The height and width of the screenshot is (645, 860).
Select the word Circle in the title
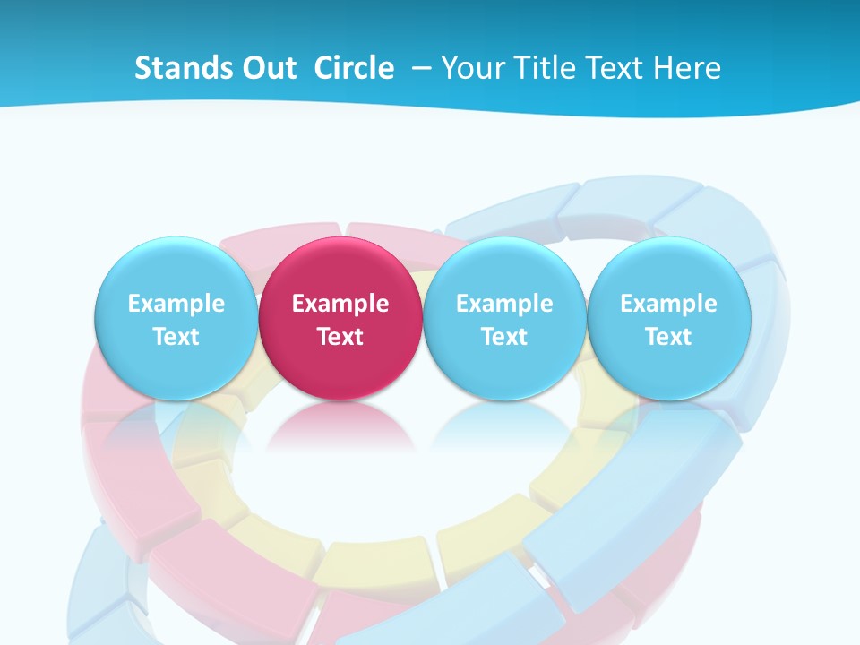pyautogui.click(x=354, y=68)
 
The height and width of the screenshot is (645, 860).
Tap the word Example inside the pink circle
pyautogui.click(x=340, y=304)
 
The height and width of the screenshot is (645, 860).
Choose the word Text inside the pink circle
pyautogui.click(x=340, y=337)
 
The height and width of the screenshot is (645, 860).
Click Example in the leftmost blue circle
pyautogui.click(x=176, y=304)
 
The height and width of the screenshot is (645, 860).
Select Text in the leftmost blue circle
pyautogui.click(x=176, y=337)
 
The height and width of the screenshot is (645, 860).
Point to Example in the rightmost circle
pyautogui.click(x=668, y=304)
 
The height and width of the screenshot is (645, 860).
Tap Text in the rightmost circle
pyautogui.click(x=668, y=337)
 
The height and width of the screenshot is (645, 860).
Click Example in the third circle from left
pyautogui.click(x=504, y=304)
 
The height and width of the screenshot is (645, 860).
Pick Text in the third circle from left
pyautogui.click(x=504, y=337)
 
